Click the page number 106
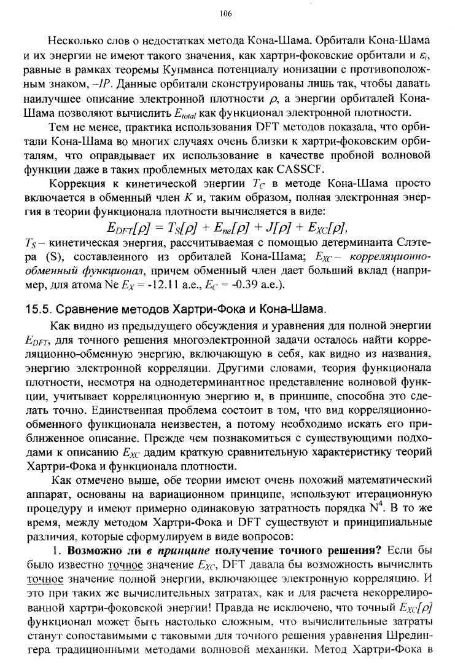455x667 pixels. click(x=227, y=13)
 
